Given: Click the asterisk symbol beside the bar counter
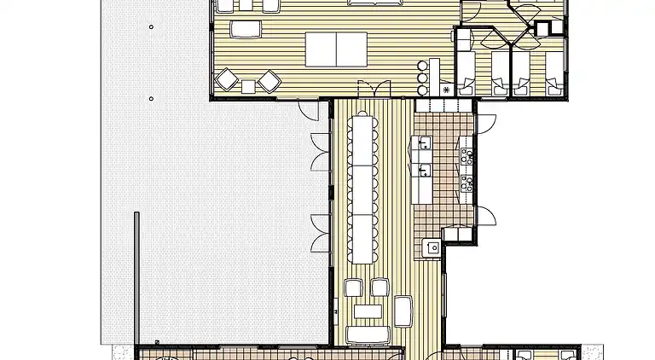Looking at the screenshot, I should pos(445,89).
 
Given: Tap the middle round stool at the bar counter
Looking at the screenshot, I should pos(420,78).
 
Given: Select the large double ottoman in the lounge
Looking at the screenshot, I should pos(336,49).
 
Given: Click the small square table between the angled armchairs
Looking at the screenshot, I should pos(248,85).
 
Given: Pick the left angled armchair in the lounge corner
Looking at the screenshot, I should pos(228,80).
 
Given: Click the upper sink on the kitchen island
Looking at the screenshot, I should pos(424,145).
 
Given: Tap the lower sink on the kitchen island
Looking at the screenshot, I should pos(424,169).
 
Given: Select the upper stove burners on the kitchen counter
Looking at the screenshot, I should pos(467,156).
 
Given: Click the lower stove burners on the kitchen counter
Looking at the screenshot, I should pos(467,181).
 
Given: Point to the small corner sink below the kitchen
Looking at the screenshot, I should pos(433,247).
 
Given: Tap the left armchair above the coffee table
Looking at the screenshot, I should pos(353,287).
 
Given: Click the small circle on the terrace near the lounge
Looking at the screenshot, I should pos(151,99).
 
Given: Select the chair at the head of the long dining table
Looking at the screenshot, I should pos(365,113).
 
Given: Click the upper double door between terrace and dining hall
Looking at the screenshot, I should pos(322,154).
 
